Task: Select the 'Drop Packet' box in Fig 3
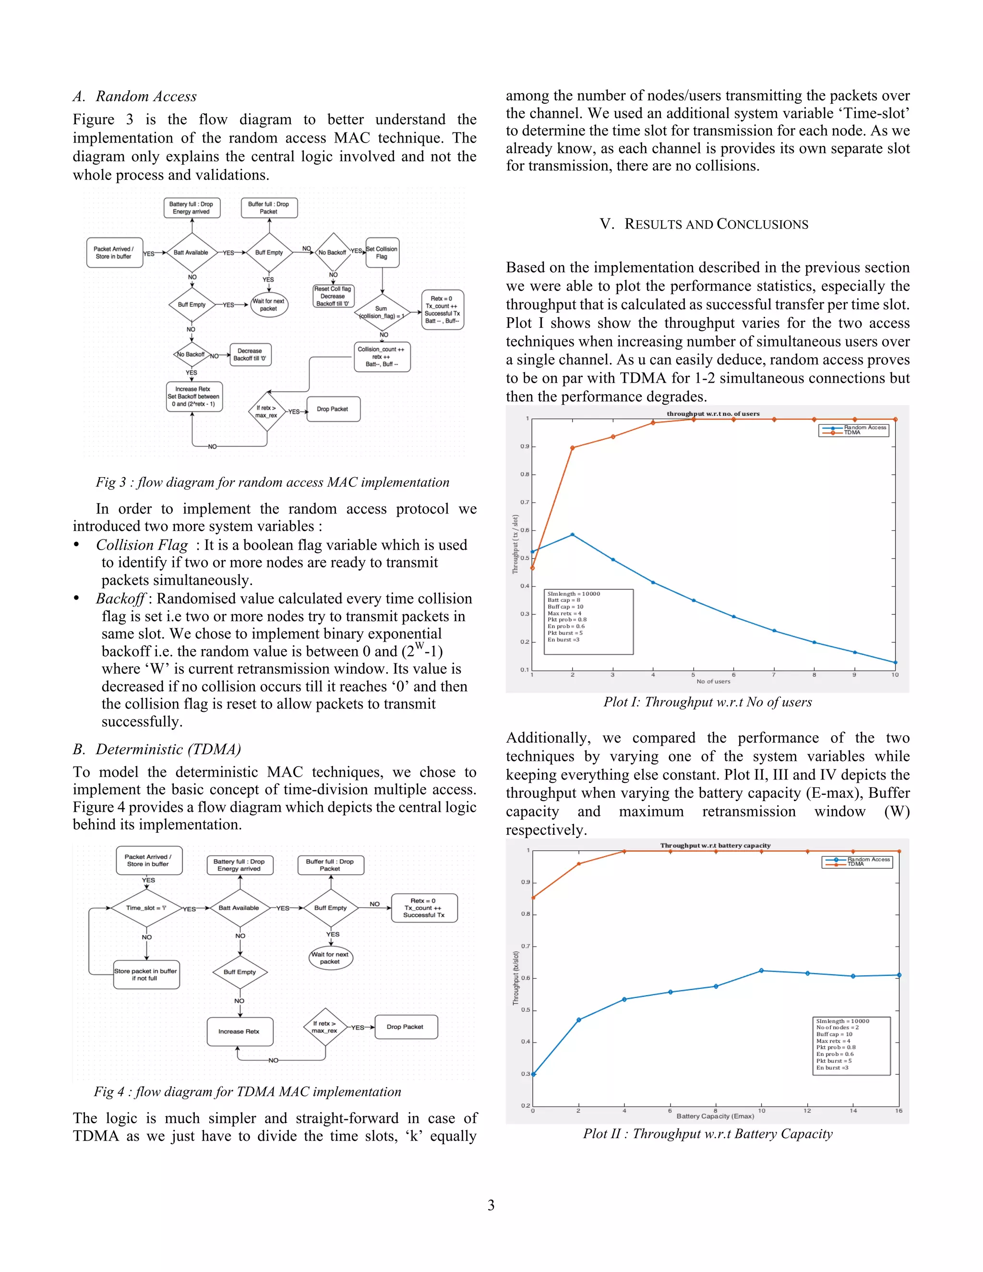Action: click(x=333, y=409)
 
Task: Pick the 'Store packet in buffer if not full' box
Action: click(x=145, y=974)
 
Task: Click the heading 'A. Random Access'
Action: click(x=134, y=96)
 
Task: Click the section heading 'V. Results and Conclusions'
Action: click(x=704, y=224)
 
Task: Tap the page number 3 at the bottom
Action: click(x=491, y=1205)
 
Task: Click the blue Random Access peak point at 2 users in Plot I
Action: click(x=573, y=534)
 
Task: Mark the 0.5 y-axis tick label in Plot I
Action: click(x=525, y=558)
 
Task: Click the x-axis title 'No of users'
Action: click(x=713, y=682)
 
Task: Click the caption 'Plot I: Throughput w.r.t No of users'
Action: click(x=707, y=702)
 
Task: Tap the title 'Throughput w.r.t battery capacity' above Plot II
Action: click(x=715, y=845)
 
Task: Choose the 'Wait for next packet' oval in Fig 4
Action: click(x=330, y=958)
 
